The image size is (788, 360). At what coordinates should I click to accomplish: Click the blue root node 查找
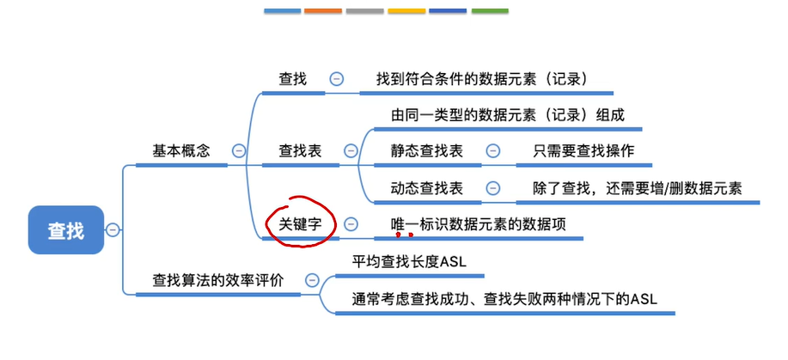click(x=66, y=229)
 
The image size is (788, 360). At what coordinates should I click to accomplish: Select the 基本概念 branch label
click(x=180, y=150)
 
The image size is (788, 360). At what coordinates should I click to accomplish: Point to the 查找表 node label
click(x=300, y=150)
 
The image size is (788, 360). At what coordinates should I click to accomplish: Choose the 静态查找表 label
click(x=426, y=150)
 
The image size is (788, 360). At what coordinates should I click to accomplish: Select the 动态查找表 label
click(x=426, y=188)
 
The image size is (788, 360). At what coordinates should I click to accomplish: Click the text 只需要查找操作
click(x=583, y=150)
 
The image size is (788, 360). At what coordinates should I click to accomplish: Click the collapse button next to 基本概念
click(x=239, y=150)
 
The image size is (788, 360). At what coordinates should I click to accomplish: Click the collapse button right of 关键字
click(x=351, y=223)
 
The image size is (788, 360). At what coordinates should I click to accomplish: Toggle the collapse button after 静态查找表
click(x=492, y=150)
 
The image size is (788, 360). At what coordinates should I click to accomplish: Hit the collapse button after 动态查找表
click(x=492, y=188)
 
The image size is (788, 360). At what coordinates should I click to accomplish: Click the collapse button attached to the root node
click(x=113, y=229)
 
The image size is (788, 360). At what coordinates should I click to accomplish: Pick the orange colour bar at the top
click(x=324, y=11)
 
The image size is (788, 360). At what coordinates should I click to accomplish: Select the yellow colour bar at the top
click(x=406, y=11)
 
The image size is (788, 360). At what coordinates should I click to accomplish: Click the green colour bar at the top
click(x=490, y=11)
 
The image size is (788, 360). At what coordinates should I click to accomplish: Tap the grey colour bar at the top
click(x=365, y=11)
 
